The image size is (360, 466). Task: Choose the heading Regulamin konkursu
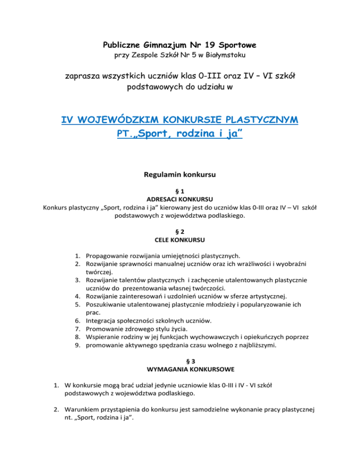180,176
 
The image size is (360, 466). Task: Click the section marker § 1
180,191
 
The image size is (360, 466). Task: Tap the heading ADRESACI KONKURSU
180,199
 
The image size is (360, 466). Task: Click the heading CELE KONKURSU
180,241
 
